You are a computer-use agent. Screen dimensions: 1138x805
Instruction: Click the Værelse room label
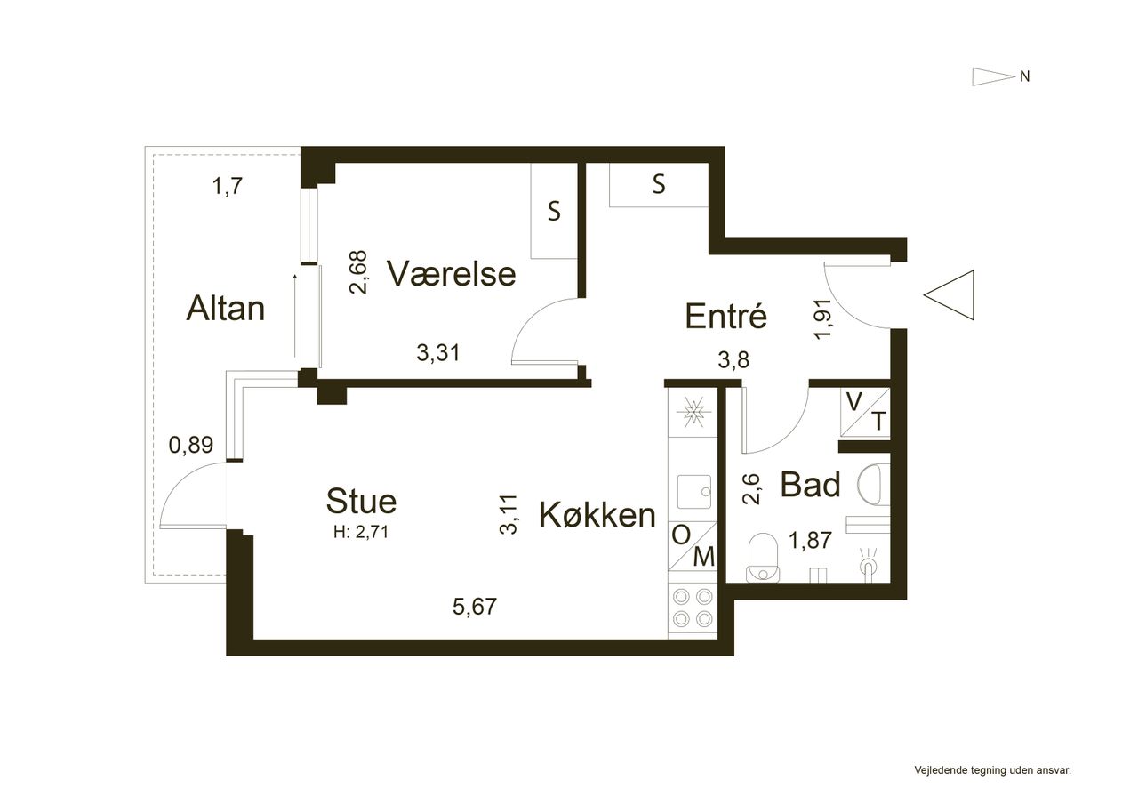pyautogui.click(x=451, y=273)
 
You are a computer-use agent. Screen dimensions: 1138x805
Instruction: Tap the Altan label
pyautogui.click(x=226, y=309)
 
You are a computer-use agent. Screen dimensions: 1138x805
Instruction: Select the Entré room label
pyautogui.click(x=725, y=316)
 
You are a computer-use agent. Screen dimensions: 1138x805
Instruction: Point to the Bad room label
pyautogui.click(x=810, y=484)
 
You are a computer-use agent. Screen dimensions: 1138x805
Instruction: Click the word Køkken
pyautogui.click(x=597, y=515)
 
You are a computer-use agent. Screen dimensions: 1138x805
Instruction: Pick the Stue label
pyautogui.click(x=361, y=501)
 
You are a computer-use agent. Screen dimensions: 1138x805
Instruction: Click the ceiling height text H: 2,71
pyautogui.click(x=361, y=532)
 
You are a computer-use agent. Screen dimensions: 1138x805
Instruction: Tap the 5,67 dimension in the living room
pyautogui.click(x=475, y=607)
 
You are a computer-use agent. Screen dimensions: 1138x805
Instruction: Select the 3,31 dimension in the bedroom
pyautogui.click(x=438, y=353)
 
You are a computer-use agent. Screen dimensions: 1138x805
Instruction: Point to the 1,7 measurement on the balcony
pyautogui.click(x=227, y=187)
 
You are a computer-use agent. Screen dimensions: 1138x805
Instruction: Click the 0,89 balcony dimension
pyautogui.click(x=191, y=445)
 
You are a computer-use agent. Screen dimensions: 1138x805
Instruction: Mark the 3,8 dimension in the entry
pyautogui.click(x=733, y=360)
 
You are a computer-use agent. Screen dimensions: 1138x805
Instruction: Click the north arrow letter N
pyautogui.click(x=1025, y=76)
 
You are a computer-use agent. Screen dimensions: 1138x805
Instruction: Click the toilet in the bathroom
pyautogui.click(x=763, y=557)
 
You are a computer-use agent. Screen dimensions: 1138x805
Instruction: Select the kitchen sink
pyautogui.click(x=694, y=491)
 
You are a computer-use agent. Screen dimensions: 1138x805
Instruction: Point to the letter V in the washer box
pyautogui.click(x=854, y=402)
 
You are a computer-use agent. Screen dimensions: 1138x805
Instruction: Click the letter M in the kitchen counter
pyautogui.click(x=704, y=557)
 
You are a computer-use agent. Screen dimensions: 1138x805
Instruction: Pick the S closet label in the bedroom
pyautogui.click(x=554, y=211)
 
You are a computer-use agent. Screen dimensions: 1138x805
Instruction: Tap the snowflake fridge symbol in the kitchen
pyautogui.click(x=693, y=412)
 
